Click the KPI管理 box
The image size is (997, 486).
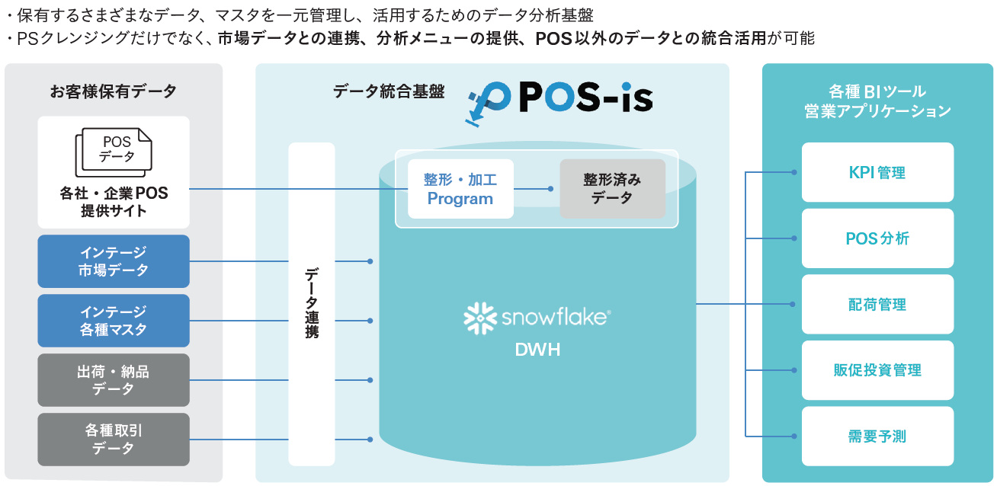(877, 172)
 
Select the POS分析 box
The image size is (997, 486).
(877, 238)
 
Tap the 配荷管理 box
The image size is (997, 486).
(877, 305)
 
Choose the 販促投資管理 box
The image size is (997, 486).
(877, 370)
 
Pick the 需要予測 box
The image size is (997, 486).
(877, 436)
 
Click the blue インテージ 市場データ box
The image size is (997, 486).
(114, 261)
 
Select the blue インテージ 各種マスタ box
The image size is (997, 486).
(114, 321)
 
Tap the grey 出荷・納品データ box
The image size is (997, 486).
(114, 380)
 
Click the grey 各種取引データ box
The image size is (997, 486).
(114, 440)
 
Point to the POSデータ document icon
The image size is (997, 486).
(114, 151)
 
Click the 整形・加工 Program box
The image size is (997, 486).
(460, 189)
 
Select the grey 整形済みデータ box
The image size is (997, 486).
(612, 189)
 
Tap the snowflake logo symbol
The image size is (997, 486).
(479, 317)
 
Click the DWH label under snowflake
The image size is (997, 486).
(537, 350)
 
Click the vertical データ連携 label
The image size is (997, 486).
(312, 303)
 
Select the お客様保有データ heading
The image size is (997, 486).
(114, 91)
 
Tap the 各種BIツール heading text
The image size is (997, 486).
(877, 91)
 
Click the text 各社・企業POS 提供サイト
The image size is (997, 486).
(114, 202)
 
